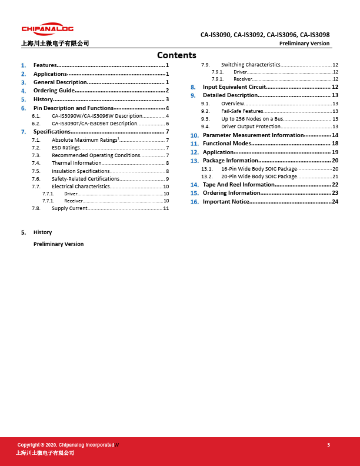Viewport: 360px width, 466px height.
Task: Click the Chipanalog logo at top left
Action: tap(48, 29)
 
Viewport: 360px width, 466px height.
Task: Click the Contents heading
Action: tap(176, 55)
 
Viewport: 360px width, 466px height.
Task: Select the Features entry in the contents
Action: tap(45, 65)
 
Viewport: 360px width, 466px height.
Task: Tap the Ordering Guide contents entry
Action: tap(54, 91)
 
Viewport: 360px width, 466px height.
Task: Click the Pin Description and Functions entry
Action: tap(74, 108)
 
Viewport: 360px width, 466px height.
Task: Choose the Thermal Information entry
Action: tap(76, 163)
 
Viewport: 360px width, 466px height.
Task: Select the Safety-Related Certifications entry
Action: tap(85, 178)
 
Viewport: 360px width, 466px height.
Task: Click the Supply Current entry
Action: tap(69, 208)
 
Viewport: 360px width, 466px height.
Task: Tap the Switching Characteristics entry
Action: tap(251, 65)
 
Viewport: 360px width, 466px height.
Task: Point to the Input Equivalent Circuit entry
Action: tap(234, 87)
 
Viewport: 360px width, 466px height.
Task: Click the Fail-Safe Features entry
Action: tap(242, 111)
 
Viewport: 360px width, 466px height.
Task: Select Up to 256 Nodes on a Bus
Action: tap(252, 119)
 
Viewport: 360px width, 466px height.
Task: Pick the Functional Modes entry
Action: tap(227, 144)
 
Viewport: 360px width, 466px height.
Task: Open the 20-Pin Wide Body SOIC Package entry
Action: tap(259, 177)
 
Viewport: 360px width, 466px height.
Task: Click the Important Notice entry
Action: tap(226, 202)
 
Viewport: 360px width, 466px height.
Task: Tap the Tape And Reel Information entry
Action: tap(238, 185)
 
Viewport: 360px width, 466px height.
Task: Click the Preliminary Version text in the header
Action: tap(304, 44)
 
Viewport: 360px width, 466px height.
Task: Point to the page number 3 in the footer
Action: tap(328, 445)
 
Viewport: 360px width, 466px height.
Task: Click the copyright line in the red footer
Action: tap(66, 445)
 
